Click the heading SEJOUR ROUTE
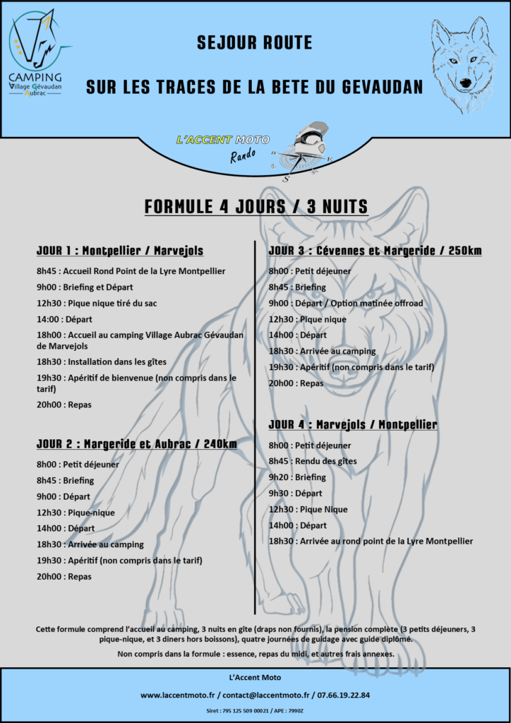tap(254, 43)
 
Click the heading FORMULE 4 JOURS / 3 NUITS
tap(255, 206)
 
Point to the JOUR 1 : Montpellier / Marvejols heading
tap(120, 251)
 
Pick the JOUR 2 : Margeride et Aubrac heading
tap(136, 444)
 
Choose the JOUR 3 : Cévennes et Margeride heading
tap(375, 251)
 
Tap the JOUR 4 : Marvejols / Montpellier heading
tap(353, 424)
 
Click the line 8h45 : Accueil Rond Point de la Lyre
tap(131, 271)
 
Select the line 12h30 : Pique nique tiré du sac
tap(97, 303)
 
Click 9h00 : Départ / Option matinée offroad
tap(346, 303)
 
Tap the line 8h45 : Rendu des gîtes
tap(313, 461)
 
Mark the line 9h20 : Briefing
tap(297, 477)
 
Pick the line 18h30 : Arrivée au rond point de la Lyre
tap(371, 541)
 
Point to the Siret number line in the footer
tap(255, 711)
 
